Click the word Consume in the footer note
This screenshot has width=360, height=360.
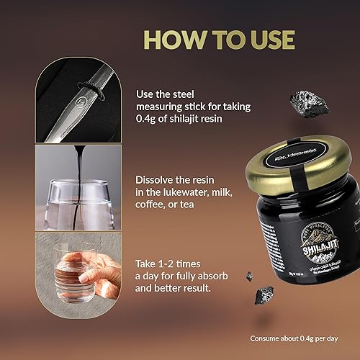(266, 338)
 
